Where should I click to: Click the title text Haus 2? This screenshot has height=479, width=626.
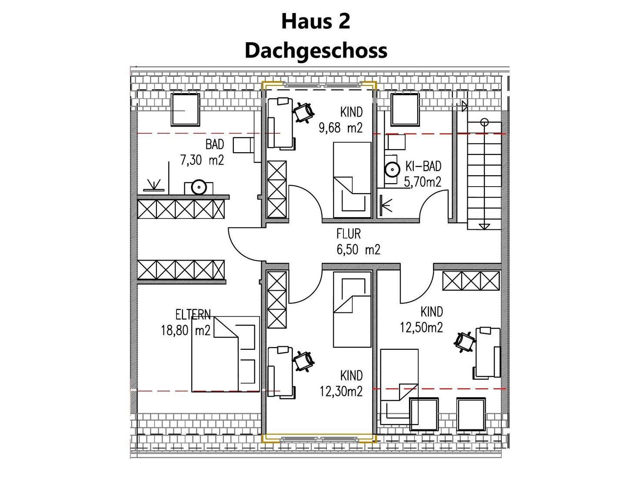[315, 21]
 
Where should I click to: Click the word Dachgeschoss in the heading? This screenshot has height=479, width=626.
[316, 50]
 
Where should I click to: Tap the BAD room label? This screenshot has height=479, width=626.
[214, 144]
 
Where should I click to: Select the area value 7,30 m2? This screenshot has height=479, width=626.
[202, 160]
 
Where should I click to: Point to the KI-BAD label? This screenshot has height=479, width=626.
[423, 166]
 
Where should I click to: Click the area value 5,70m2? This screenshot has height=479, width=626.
[423, 181]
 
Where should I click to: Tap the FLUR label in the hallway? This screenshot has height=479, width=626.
[349, 234]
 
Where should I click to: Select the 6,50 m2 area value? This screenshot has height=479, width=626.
[358, 250]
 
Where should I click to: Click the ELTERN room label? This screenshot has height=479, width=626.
[193, 314]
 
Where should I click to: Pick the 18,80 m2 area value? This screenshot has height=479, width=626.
[186, 331]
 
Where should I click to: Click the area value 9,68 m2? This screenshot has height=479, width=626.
[340, 128]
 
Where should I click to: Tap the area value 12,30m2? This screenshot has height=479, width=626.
[341, 392]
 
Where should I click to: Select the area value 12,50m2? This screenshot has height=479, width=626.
[421, 327]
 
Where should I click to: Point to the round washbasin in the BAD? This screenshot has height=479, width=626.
[198, 187]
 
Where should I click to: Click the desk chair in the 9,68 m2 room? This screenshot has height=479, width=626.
[303, 112]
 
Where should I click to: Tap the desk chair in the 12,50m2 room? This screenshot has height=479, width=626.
[465, 341]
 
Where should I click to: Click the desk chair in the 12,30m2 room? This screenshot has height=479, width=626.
[303, 361]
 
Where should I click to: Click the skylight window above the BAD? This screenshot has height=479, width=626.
[185, 109]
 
